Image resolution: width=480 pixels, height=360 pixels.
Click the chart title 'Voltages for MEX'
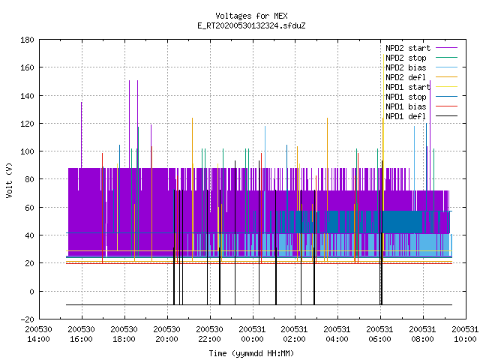click(251, 16)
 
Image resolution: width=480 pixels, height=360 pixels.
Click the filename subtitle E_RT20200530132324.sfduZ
click(251, 25)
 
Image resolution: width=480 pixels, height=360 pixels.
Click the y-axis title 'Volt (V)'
click(10, 180)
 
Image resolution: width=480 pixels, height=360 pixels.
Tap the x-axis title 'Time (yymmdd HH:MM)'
click(251, 353)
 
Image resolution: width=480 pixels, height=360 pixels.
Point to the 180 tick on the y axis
click(27, 40)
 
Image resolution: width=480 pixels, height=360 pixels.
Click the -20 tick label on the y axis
click(27, 319)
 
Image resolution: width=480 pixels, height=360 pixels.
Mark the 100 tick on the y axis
click(27, 151)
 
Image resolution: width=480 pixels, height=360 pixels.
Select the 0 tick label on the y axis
click(31, 292)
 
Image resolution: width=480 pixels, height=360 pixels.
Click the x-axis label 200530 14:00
click(38, 334)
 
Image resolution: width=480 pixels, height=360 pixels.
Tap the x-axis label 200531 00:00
click(252, 334)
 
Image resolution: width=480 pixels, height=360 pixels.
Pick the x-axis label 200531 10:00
click(465, 334)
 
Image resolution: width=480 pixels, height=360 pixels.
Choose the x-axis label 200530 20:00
click(166, 334)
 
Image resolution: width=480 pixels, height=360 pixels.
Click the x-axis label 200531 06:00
click(380, 334)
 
